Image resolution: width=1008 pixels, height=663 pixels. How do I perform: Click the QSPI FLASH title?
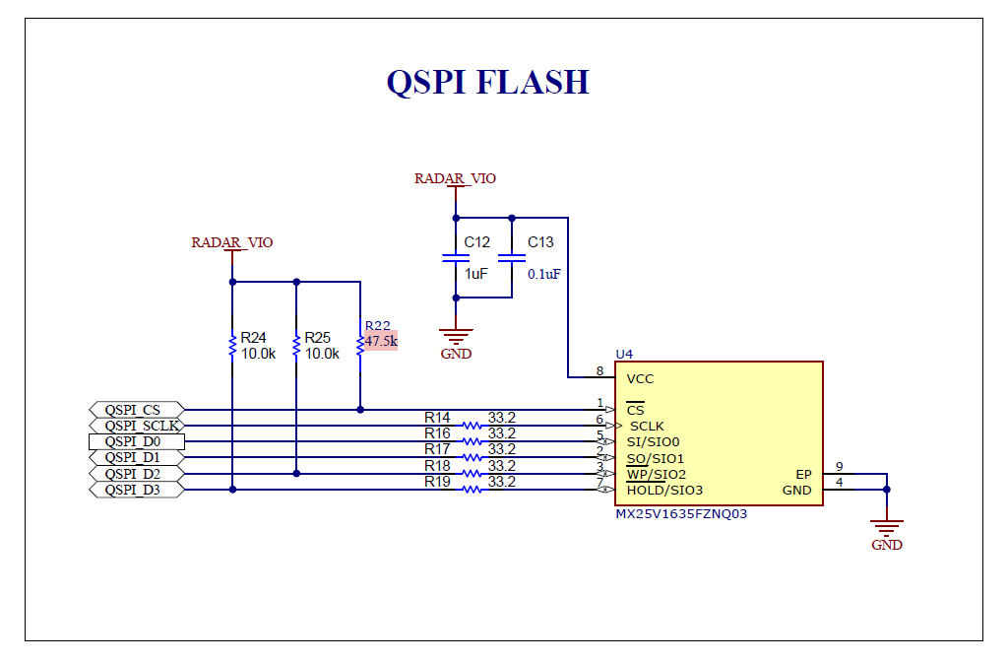tap(488, 82)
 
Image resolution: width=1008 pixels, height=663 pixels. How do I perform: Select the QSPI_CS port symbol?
tap(136, 410)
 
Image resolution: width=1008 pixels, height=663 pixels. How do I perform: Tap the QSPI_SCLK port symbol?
tap(136, 426)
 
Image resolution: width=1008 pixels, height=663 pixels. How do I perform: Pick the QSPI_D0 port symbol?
tap(136, 441)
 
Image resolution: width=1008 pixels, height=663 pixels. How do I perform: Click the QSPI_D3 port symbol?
tap(136, 490)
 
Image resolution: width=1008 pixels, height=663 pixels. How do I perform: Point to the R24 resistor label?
tap(253, 338)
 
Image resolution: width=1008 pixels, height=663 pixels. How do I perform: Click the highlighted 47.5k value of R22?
tap(381, 341)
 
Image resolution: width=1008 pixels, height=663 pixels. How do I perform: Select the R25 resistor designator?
tap(318, 338)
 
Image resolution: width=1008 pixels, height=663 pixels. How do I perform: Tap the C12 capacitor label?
tap(477, 242)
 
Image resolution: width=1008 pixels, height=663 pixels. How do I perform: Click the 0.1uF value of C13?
tap(543, 275)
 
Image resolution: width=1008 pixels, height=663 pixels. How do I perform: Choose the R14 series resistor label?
tap(437, 418)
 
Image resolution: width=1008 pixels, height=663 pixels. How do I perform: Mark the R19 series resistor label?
tap(437, 482)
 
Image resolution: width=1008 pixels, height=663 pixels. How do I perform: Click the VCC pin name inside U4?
tap(640, 378)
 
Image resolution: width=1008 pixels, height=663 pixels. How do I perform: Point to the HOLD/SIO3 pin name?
tap(664, 490)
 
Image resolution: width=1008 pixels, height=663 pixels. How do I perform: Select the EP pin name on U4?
tap(803, 475)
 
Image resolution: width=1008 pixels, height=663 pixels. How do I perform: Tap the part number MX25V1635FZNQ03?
tap(681, 514)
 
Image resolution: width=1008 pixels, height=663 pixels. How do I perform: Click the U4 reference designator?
tap(624, 355)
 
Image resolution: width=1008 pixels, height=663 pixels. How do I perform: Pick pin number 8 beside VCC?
tap(599, 371)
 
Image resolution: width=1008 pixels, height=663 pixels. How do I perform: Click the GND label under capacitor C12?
tap(456, 354)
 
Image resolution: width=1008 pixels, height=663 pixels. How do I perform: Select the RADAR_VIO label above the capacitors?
tap(455, 178)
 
